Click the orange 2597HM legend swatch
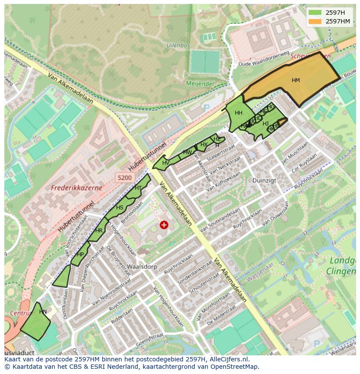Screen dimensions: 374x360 [x=316, y=21]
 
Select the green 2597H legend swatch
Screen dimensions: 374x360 [x=316, y=13]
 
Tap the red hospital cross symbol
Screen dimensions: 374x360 [x=164, y=225]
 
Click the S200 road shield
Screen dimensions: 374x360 [x=124, y=178]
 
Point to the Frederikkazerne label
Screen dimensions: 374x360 [x=77, y=188]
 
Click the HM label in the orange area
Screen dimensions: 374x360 [x=296, y=80]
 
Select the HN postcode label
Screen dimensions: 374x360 [x=43, y=312]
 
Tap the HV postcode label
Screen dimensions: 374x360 [x=166, y=163]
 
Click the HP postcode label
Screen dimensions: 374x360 [x=80, y=255]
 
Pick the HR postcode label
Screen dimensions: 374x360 [x=99, y=231]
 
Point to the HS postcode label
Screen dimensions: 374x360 [x=120, y=208]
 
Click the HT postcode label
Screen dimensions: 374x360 [x=138, y=188]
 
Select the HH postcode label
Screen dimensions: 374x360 [x=238, y=113]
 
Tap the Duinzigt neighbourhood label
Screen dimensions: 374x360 [x=264, y=180]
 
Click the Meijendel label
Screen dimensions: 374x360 [x=200, y=83]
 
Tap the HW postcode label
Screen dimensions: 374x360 [x=187, y=152]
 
